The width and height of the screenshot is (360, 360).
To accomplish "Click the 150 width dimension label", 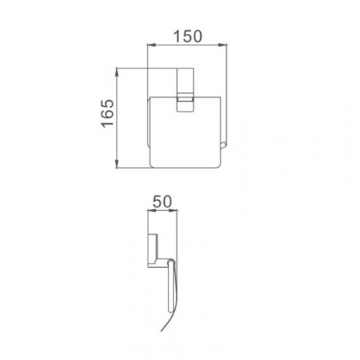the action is tap(188, 36).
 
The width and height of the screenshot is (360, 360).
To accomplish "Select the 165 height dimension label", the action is tap(107, 113).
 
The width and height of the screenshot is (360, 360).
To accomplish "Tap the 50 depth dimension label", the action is tap(163, 201).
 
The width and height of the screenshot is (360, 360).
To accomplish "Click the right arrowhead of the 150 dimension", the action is tap(222, 45).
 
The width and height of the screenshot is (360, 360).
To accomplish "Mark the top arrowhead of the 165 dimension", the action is tap(117, 73).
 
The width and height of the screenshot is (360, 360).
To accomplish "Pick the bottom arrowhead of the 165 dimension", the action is tap(117, 163).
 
